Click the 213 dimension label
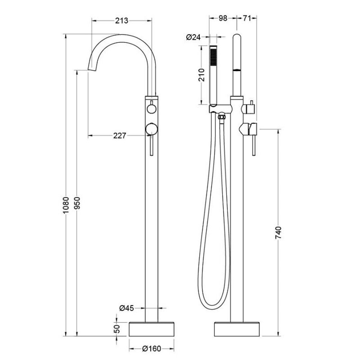(x=122, y=21)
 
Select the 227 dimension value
(x=120, y=136)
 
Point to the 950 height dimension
(x=77, y=203)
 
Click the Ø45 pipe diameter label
(x=127, y=308)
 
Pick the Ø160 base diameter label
(x=152, y=349)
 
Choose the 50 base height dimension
(x=117, y=329)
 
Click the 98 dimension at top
(x=222, y=18)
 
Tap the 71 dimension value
(x=246, y=18)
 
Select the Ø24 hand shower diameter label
(x=193, y=37)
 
